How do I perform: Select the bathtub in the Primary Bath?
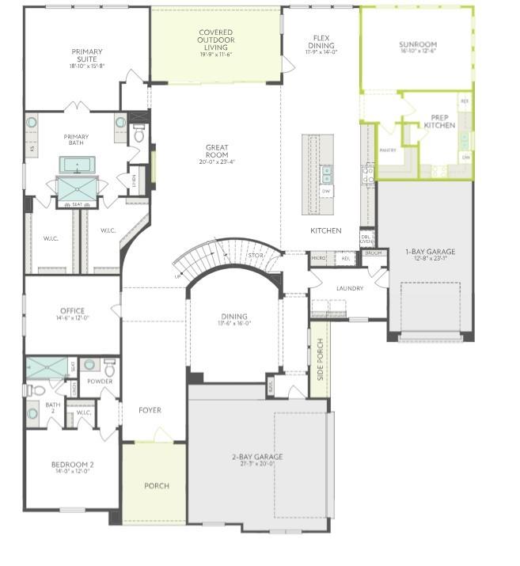pos(77,165)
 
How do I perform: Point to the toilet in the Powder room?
pos(110,367)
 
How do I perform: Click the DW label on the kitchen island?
pos(326,192)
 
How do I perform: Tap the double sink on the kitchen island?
pos(326,173)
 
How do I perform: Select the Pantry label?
pos(388,149)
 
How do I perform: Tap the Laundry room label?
pos(349,288)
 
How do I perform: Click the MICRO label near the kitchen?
pos(319,257)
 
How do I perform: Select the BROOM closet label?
pos(374,253)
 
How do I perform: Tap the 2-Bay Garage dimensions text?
pos(257,465)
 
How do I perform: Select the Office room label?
pos(72,311)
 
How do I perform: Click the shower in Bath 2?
pos(47,367)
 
